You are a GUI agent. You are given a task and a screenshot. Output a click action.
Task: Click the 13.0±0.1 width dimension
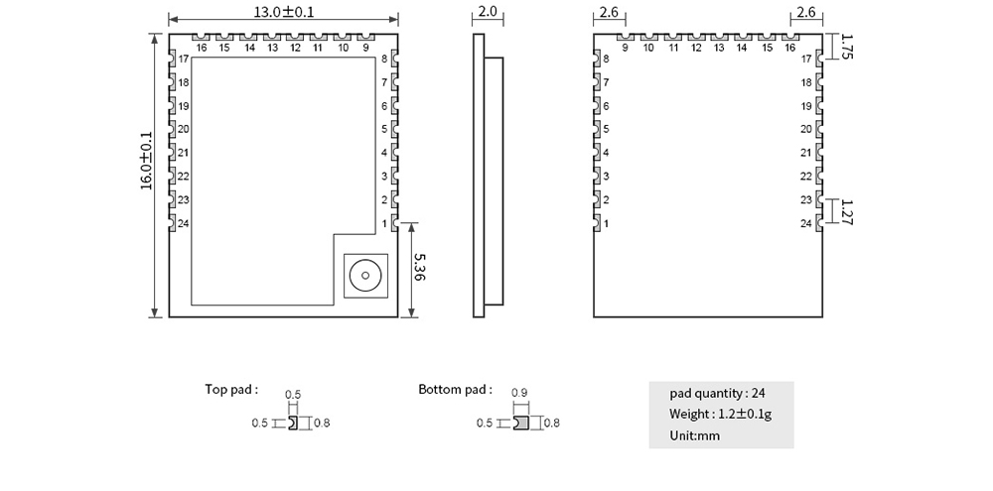click(282, 12)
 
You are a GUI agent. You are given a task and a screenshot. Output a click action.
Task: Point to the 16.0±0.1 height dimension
click(147, 161)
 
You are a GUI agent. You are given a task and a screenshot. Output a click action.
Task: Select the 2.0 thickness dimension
click(488, 12)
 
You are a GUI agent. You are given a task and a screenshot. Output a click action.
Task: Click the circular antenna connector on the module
click(363, 274)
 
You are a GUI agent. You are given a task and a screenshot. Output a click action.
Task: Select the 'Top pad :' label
click(231, 389)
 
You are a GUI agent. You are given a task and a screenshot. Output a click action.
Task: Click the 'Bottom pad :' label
click(455, 389)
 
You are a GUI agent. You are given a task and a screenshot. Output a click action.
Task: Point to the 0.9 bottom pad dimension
click(518, 393)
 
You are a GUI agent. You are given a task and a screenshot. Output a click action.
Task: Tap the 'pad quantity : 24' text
click(718, 392)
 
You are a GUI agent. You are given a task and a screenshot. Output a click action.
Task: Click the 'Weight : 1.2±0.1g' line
click(720, 414)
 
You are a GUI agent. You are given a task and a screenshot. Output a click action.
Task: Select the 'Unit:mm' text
click(694, 435)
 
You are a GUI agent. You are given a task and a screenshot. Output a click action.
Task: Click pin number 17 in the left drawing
click(184, 60)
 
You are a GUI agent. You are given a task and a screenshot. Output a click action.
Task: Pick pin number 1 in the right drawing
click(607, 224)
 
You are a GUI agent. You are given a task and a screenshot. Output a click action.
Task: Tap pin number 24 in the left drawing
click(184, 224)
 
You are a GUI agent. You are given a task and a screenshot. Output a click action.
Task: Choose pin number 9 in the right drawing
click(626, 48)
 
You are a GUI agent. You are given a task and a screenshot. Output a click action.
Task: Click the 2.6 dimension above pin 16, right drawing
click(805, 12)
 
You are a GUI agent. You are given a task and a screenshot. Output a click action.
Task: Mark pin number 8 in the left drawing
click(384, 60)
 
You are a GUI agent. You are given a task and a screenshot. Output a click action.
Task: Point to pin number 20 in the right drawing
click(806, 129)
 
